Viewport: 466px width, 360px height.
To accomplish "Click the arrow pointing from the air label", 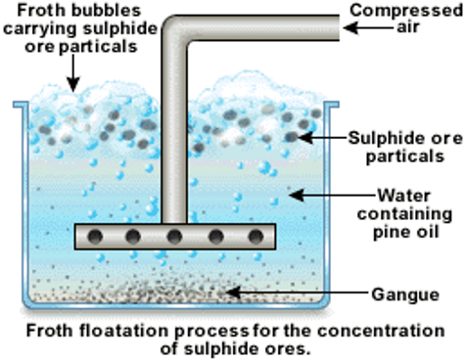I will pyautogui.click(x=368, y=29).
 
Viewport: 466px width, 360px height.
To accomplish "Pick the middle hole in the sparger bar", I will pyautogui.click(x=175, y=236).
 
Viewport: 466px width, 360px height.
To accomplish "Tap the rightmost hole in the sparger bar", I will pyautogui.click(x=256, y=236).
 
